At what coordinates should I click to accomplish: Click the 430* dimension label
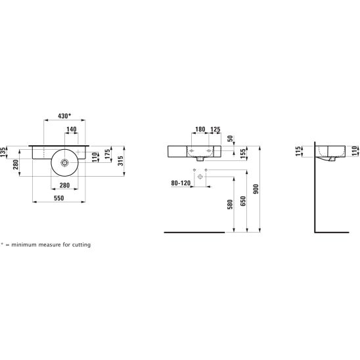[x=64, y=116]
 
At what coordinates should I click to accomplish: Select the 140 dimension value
[x=72, y=129]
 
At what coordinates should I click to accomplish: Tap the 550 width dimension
[x=58, y=198]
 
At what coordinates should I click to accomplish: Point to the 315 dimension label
[x=120, y=161]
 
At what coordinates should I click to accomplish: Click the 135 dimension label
[x=3, y=152]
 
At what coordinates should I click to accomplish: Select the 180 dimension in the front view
[x=200, y=129]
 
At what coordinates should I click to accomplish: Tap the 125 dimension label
[x=215, y=129]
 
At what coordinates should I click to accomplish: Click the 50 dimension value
[x=230, y=139]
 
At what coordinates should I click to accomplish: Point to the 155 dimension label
[x=243, y=154]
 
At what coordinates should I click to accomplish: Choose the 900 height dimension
[x=256, y=189]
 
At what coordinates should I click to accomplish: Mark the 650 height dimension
[x=243, y=201]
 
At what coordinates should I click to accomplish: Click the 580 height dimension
[x=230, y=204]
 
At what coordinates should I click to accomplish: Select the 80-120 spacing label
[x=181, y=183]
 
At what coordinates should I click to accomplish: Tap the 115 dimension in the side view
[x=298, y=152]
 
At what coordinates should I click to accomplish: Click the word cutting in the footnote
[x=81, y=245]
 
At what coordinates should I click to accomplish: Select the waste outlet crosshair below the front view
[x=200, y=177]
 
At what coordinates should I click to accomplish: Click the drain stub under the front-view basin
[x=200, y=159]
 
